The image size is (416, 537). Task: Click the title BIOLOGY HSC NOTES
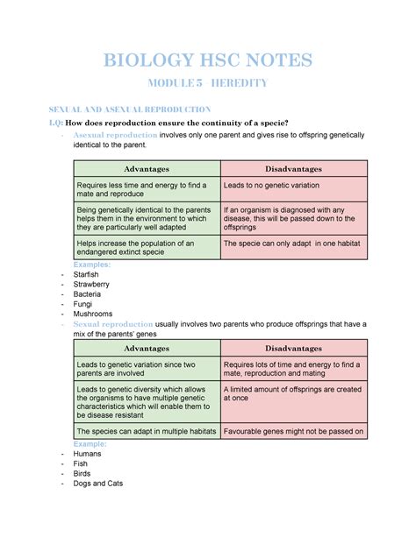coord(208,62)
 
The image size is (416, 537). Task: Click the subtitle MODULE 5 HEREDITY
coord(208,84)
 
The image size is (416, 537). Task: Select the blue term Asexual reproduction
coord(118,136)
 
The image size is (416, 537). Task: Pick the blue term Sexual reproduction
coord(116,323)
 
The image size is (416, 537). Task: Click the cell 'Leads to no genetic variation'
coord(271,186)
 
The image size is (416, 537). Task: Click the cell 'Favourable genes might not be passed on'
coord(293,431)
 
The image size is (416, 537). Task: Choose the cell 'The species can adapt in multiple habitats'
coord(147,431)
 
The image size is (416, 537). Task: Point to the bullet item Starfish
coord(88,274)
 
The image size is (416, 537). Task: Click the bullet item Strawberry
coord(91,285)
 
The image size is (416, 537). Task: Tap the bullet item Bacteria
coord(88,294)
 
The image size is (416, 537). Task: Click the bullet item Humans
coord(88,454)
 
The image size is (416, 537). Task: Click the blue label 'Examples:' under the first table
coord(92,264)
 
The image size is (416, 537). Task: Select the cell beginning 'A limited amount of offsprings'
coord(293,394)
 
